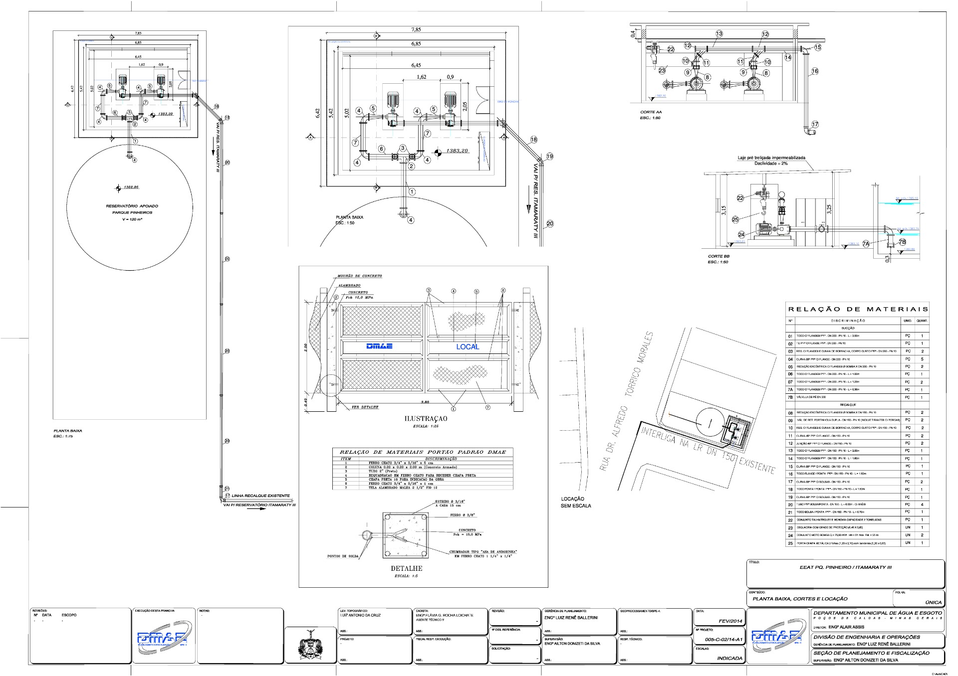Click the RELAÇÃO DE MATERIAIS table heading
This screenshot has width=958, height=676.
[x=857, y=309]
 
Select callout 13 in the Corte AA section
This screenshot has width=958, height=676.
[x=719, y=34]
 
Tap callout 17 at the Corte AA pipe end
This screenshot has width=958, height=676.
[x=815, y=125]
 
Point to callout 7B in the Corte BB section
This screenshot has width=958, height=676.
[x=902, y=242]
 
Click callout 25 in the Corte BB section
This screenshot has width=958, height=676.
[x=735, y=219]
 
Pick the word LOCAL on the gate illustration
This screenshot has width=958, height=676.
[x=468, y=346]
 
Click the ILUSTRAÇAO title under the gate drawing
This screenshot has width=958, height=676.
[x=426, y=419]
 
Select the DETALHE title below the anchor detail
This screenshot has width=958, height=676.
[x=406, y=568]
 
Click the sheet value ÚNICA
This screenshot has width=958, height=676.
[x=933, y=602]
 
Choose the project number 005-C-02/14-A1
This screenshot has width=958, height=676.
[x=723, y=639]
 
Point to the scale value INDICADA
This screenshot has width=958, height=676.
[x=729, y=658]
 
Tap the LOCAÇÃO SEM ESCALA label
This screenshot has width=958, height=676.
[x=575, y=502]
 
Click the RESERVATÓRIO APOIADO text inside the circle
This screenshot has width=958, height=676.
[x=132, y=206]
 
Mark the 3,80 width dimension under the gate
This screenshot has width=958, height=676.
[x=425, y=402]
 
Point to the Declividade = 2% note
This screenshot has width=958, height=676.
[x=771, y=163]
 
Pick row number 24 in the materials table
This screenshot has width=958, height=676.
[x=790, y=535]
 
